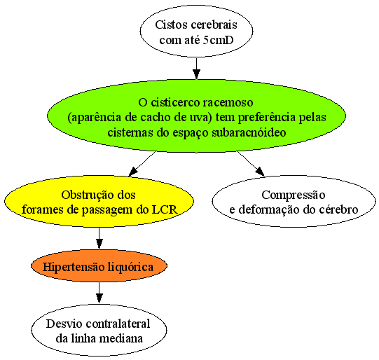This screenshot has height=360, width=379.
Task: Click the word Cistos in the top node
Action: coord(170,25)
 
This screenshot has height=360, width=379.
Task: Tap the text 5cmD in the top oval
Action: coord(219,40)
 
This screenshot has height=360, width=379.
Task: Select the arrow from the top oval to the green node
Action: coord(196,69)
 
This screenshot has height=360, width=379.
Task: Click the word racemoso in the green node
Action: coord(228,102)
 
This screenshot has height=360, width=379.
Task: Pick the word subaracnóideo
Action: coord(249,132)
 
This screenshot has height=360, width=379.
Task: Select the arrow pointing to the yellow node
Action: coord(142,164)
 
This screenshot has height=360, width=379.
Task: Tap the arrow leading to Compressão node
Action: coord(251,164)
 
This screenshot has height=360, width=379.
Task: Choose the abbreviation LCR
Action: coord(165,209)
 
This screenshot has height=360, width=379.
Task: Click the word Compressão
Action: coord(294,195)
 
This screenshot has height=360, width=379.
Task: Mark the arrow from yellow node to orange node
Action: coord(99,238)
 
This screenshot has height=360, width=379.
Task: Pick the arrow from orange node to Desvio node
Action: coord(99,292)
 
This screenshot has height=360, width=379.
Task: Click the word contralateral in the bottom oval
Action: coord(118,324)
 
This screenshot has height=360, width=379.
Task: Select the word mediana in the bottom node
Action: coord(121,338)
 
